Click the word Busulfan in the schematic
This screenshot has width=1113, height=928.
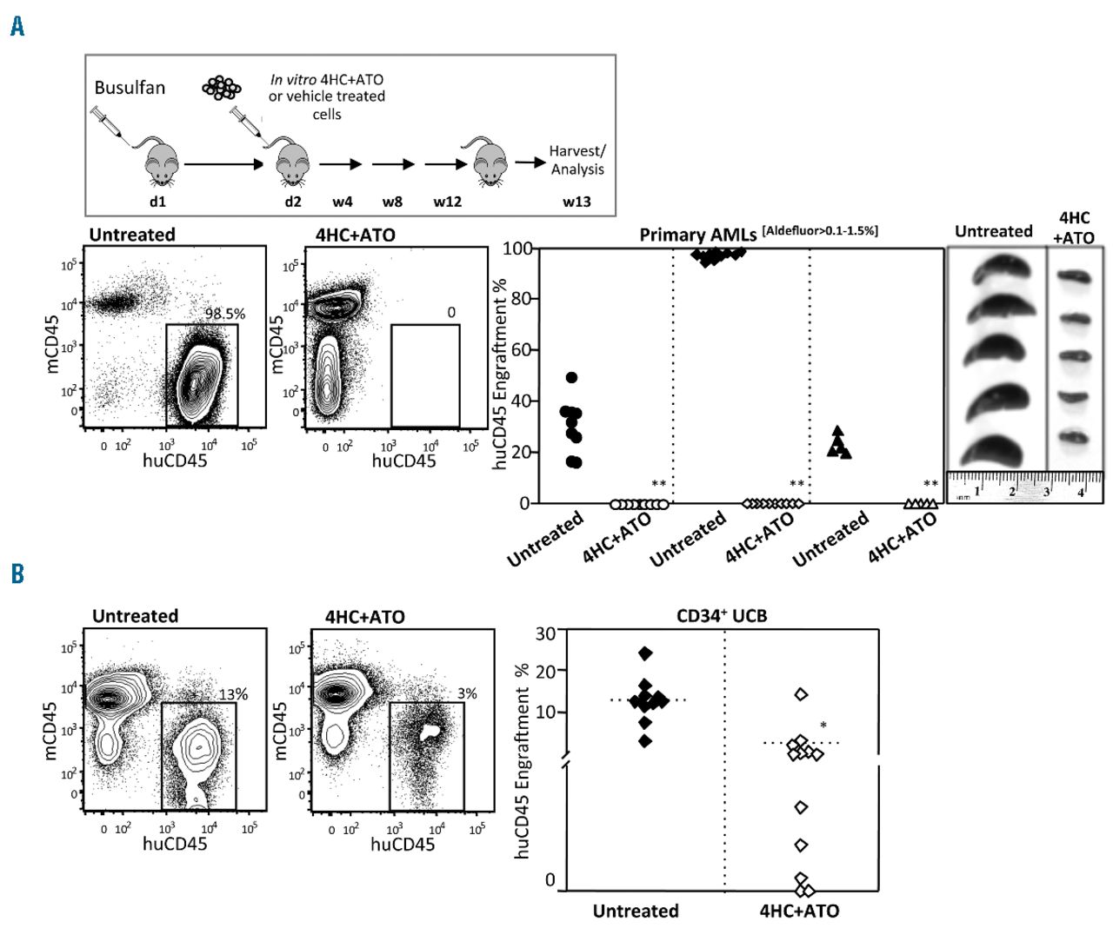(x=130, y=88)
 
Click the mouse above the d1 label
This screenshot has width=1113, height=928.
(x=162, y=161)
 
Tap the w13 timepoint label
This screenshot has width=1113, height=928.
(x=576, y=202)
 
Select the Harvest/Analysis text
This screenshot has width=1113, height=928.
(x=577, y=160)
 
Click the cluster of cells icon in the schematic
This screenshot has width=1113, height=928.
(x=221, y=87)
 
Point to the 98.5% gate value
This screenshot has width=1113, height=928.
(x=224, y=314)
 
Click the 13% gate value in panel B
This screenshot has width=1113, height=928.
(x=233, y=693)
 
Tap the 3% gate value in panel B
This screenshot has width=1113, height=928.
(x=467, y=693)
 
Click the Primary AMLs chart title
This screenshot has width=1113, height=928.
(x=697, y=235)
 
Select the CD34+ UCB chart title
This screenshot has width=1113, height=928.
(x=721, y=617)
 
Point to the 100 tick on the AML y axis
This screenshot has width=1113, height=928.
(x=519, y=249)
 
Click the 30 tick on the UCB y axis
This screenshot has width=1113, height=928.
(x=545, y=632)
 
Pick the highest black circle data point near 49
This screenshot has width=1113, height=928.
(x=571, y=378)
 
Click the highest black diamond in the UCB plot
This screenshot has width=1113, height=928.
(x=644, y=653)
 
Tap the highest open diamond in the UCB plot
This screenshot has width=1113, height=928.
(x=801, y=694)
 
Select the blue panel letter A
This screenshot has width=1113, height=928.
(x=17, y=27)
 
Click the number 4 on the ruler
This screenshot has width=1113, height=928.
(x=1081, y=493)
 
